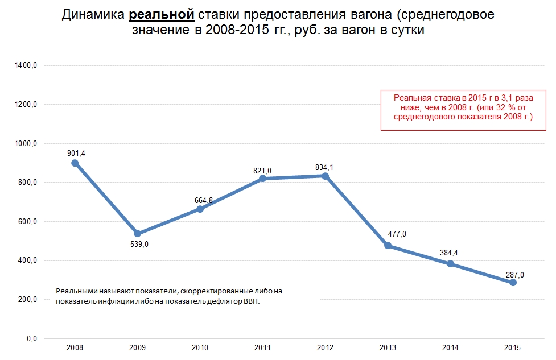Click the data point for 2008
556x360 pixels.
[75, 163]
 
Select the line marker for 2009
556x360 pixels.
[137, 234]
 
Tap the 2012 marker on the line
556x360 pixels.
[325, 176]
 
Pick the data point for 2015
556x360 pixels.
[513, 283]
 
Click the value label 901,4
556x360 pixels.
[75, 152]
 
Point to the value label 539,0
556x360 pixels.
[137, 244]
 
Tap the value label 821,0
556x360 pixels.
[262, 170]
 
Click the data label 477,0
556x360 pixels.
[397, 234]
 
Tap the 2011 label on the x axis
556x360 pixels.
[262, 347]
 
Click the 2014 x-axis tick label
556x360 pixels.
[450, 347]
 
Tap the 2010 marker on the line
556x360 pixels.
[200, 209]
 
